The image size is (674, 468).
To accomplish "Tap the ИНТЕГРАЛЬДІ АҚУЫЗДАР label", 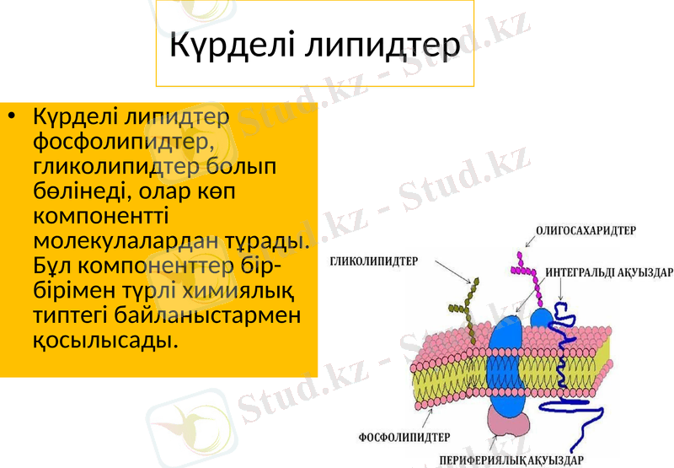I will (609, 273).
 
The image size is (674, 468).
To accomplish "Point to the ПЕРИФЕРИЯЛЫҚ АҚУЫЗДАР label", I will (511, 460).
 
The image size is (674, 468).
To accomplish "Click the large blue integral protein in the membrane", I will (506, 363).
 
